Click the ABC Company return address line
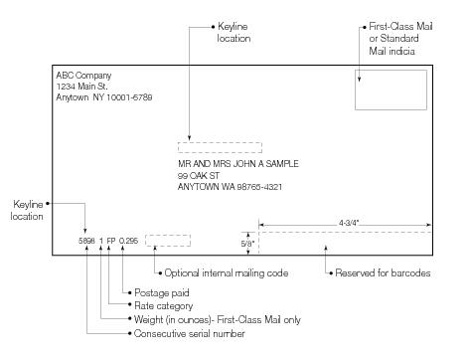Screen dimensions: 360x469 point(84,75)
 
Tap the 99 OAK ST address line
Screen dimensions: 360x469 point(195,175)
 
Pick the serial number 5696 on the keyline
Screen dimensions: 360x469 point(86,241)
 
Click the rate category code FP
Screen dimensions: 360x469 point(111,241)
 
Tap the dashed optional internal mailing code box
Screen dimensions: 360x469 point(167,240)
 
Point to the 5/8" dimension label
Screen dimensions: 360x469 point(247,241)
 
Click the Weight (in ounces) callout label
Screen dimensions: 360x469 point(216,320)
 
